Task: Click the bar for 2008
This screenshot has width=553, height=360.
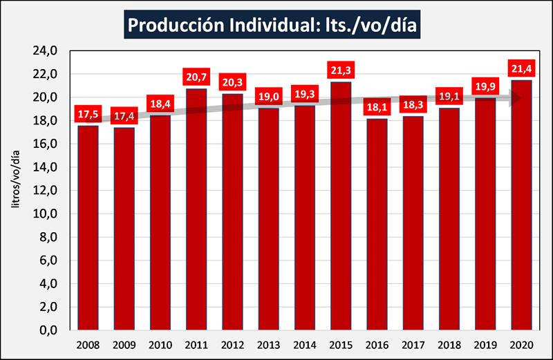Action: (88, 227)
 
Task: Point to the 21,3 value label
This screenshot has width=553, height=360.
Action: (340, 70)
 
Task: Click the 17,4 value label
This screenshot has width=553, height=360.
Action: (124, 116)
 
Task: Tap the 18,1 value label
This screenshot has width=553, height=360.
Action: (377, 108)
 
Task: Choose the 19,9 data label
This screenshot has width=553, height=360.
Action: (485, 86)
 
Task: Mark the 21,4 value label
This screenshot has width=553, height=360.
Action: (521, 69)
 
